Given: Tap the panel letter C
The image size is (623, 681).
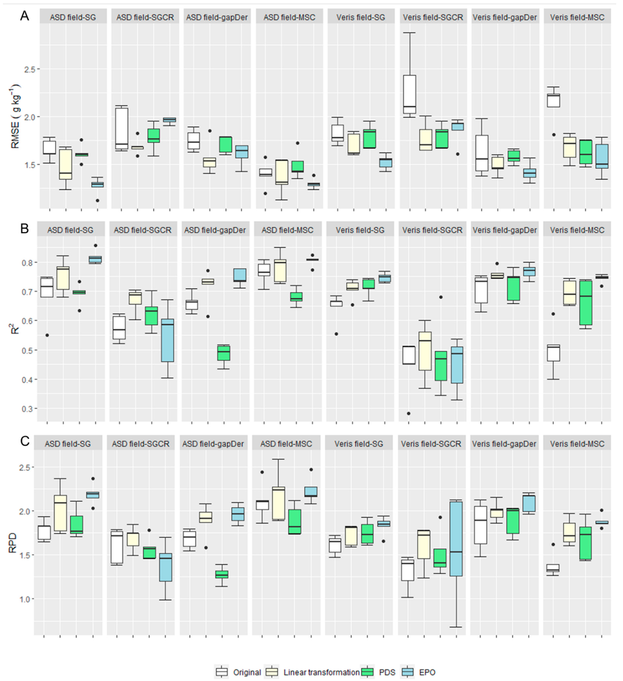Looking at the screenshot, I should pos(24,441).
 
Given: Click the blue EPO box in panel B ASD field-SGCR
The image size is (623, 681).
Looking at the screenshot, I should pos(168,340).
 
